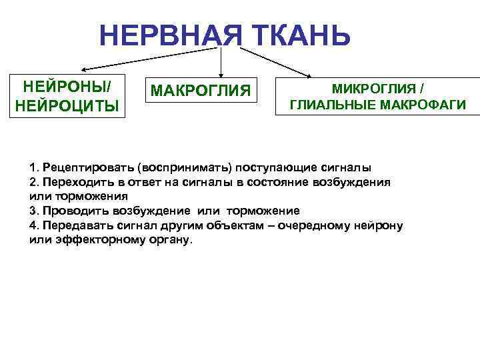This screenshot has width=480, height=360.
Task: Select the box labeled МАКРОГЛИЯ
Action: click(x=201, y=90)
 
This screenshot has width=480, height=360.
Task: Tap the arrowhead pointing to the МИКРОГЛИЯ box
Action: click(x=308, y=73)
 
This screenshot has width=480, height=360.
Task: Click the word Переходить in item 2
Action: click(x=73, y=181)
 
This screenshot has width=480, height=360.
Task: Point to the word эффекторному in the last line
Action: click(x=93, y=240)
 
